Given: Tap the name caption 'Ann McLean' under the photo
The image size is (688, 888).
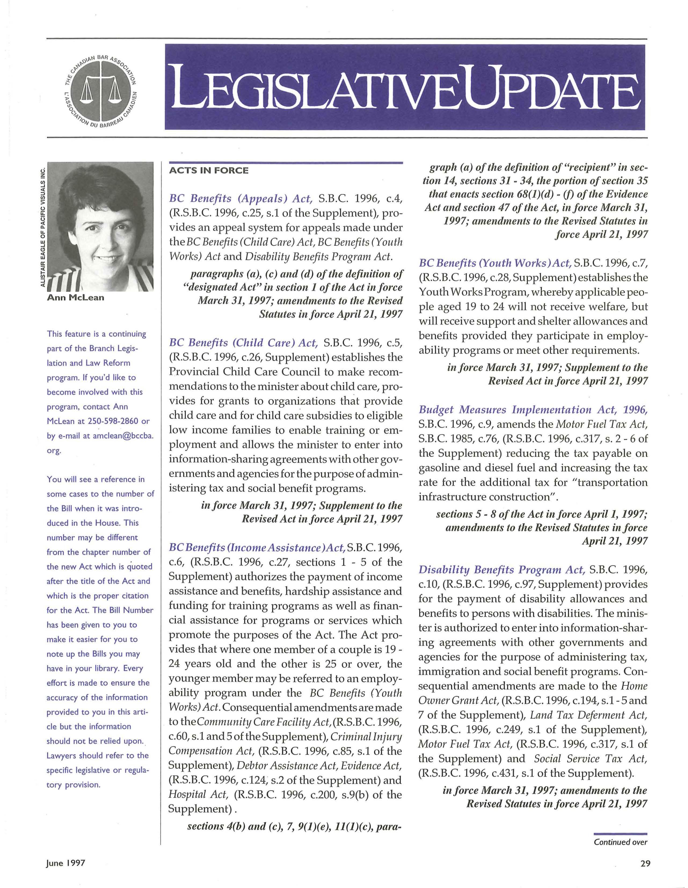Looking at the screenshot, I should (x=76, y=298).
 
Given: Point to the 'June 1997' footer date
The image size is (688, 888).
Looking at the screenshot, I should (x=65, y=863).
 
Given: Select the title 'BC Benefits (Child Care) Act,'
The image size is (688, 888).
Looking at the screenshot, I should (x=243, y=343).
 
